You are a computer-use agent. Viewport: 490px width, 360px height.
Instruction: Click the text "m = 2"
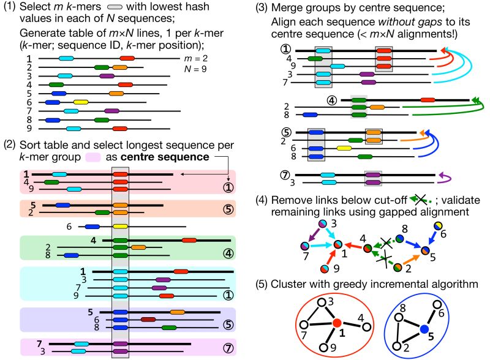point(197,58)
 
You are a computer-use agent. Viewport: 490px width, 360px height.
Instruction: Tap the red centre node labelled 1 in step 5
point(336,323)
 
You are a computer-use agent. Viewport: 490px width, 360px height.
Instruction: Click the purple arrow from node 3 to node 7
point(312,235)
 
